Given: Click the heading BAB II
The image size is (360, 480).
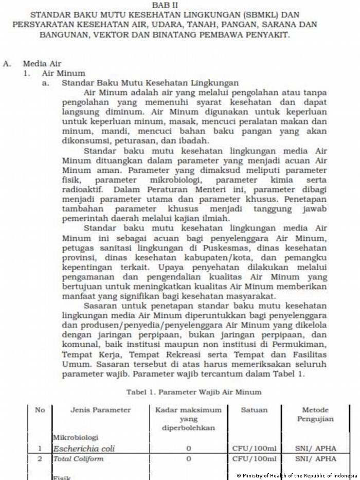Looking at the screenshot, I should coord(164,4).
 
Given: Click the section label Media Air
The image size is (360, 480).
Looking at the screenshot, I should coord(42,64).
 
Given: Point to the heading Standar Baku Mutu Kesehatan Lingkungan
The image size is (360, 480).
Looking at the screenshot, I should coord(150,83).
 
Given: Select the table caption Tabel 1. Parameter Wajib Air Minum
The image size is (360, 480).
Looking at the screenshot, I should coord(194,392).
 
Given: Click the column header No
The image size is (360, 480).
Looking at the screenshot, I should coord(40,410).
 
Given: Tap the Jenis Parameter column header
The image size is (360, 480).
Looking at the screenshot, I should coord(100,410).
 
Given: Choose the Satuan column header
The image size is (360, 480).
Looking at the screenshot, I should coord(254,410).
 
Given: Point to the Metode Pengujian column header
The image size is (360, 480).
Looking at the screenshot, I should coord(315,414).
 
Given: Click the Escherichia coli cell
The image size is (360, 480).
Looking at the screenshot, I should coord(84,449).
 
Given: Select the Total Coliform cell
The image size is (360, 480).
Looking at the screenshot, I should coord(78,458).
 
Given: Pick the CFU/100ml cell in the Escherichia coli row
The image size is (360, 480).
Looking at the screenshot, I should coord(254,449).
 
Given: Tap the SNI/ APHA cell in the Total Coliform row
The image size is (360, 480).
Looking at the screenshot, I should coord(315,458).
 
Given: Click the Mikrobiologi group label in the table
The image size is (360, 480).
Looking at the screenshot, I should coord(75,437).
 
